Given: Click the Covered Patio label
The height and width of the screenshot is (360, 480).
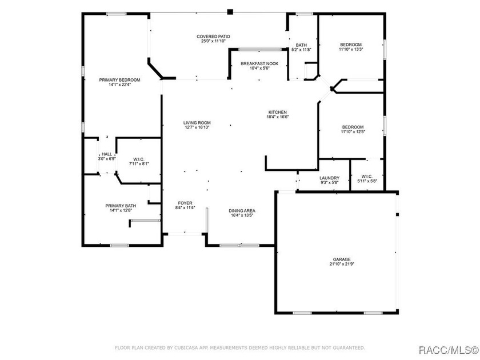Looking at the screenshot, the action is [213, 37].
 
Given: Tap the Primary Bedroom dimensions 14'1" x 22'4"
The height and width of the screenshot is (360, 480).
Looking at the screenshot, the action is [119, 85].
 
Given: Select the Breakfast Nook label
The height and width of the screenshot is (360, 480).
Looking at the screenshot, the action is [259, 63].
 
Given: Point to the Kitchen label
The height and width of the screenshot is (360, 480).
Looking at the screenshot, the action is [278, 112].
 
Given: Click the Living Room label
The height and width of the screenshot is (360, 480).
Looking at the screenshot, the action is [197, 123].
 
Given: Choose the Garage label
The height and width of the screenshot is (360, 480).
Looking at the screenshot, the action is [342, 259].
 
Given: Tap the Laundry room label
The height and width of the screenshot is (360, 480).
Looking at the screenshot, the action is [329, 178].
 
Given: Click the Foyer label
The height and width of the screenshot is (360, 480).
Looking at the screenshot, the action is [185, 203].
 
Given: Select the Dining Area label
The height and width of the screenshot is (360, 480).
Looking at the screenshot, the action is [242, 211].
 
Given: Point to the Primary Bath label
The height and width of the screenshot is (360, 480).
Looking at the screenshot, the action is [121, 206].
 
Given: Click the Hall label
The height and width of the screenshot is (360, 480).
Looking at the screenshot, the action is [107, 154].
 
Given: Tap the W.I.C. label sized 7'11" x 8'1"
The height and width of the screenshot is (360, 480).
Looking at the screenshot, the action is [139, 159].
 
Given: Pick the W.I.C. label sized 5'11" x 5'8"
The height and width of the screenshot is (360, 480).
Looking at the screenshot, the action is [367, 177].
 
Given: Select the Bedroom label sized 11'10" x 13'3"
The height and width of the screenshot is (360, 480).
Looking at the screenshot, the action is [351, 45].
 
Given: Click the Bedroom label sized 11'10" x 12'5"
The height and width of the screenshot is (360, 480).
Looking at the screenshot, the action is [353, 127].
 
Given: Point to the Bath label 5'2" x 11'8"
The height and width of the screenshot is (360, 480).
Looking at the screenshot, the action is [301, 45].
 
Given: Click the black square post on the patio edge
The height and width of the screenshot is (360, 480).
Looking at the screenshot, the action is [230, 12].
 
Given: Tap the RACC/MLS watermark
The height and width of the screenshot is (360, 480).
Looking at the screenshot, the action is [449, 350].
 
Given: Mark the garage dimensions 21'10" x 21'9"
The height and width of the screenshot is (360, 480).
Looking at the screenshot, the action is [342, 264].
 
